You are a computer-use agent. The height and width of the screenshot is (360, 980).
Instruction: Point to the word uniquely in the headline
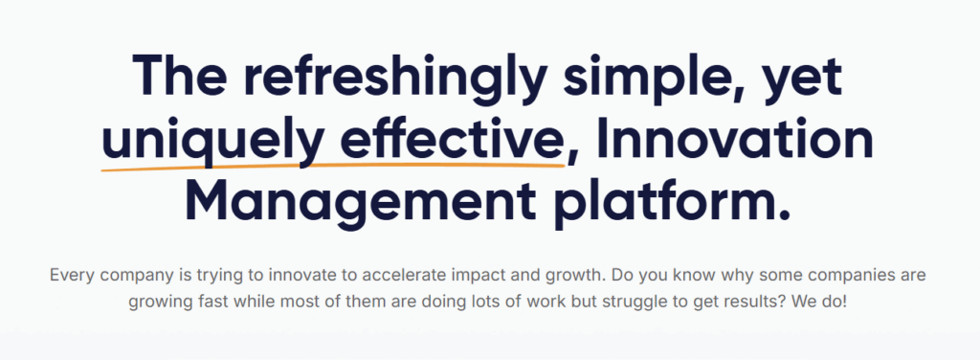(199, 141)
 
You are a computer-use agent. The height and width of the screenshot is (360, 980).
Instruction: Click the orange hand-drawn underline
(335, 167)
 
